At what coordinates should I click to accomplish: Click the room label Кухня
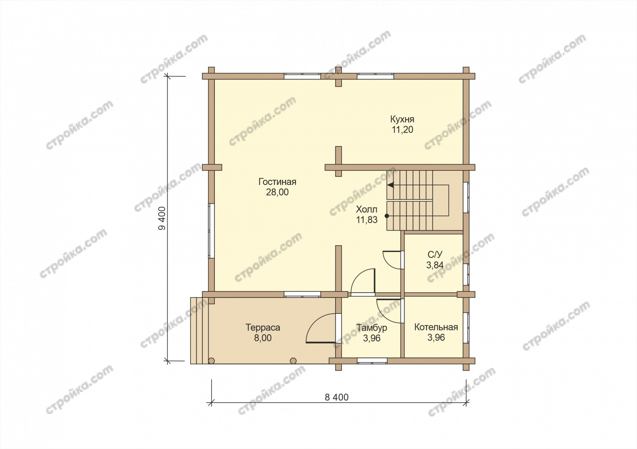coord(402,119)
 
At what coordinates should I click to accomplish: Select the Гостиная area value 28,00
coord(277,192)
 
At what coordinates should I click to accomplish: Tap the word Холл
coord(367,209)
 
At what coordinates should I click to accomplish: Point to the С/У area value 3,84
coord(435,265)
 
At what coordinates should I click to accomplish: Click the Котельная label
coord(436,327)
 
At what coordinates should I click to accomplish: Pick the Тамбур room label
coord(372,328)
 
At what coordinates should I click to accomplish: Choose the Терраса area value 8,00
coord(263,338)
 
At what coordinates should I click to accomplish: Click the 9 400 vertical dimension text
coord(162,218)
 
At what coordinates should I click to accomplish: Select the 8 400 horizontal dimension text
coord(337,397)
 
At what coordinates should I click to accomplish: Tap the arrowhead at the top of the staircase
coord(390,185)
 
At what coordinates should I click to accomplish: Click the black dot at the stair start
coord(387,215)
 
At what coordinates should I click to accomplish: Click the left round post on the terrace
coord(211,361)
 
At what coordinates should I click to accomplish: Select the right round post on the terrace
coord(293,361)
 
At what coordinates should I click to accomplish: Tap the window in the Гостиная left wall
coord(211,231)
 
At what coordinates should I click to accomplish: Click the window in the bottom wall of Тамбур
coord(372,361)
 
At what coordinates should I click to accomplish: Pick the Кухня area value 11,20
coord(402,129)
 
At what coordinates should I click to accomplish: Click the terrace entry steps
coord(199,330)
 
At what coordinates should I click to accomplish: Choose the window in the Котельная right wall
coord(466,328)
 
